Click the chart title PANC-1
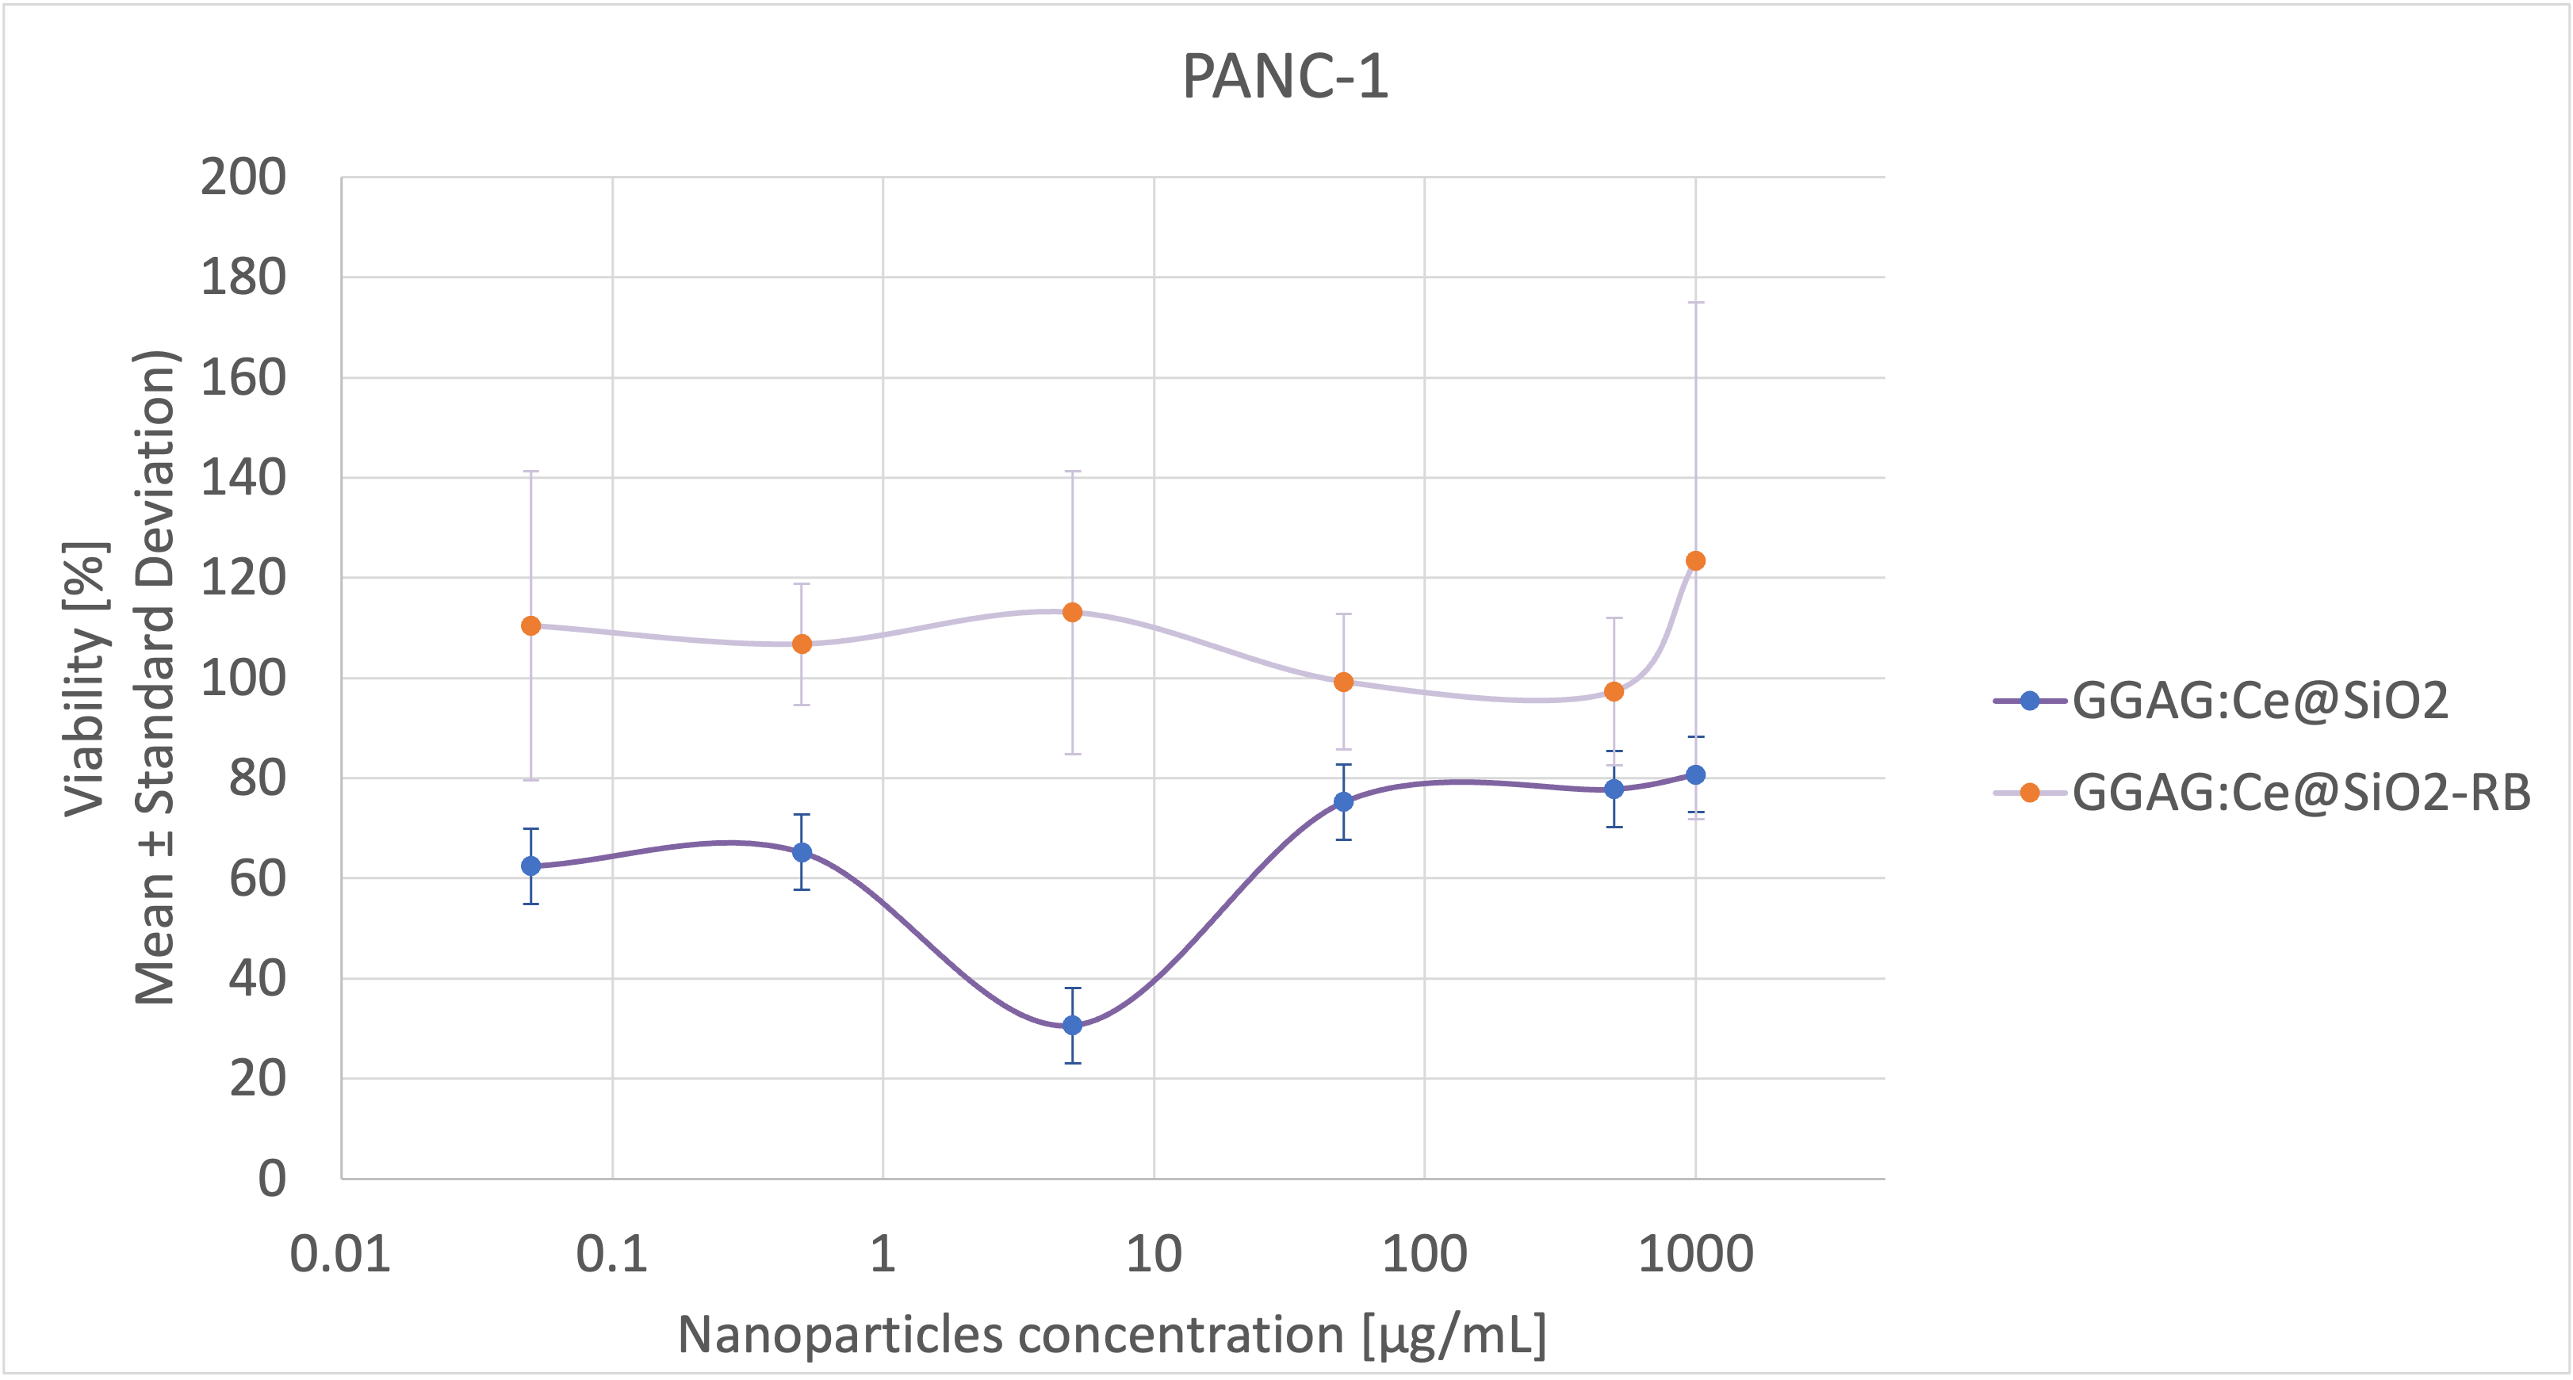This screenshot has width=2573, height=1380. tap(1285, 77)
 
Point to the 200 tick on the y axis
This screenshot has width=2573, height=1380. tap(243, 178)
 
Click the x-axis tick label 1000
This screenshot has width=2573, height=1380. tap(1695, 1254)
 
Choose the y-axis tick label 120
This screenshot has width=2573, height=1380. tap(243, 578)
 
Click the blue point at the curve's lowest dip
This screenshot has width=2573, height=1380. tap(1073, 1026)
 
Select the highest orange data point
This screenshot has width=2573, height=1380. tap(1695, 561)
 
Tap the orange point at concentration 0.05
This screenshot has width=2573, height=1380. tap(531, 626)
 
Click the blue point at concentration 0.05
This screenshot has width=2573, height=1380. tap(531, 866)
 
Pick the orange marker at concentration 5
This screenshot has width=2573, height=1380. tap(1073, 612)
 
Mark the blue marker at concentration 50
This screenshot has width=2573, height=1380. tap(1343, 802)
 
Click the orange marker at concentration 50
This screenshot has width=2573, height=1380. tap(1343, 682)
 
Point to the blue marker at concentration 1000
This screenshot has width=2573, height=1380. tap(1695, 775)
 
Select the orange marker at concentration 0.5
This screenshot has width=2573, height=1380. tap(802, 644)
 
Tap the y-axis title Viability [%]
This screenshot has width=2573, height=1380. tap(86, 679)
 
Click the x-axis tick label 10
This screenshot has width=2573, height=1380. tap(1154, 1254)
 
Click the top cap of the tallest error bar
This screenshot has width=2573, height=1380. tap(1695, 301)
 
